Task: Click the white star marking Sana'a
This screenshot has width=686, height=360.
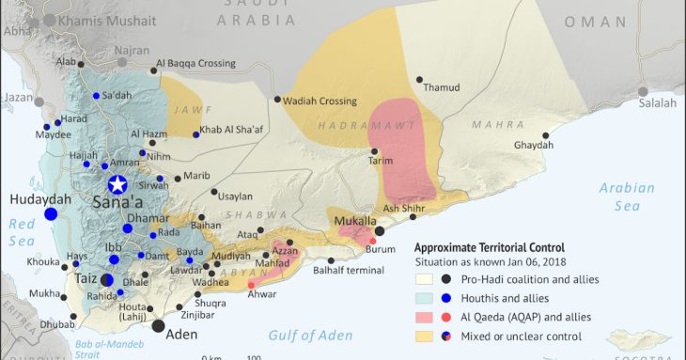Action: coord(117,184)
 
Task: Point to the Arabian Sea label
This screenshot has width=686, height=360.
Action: coord(627,196)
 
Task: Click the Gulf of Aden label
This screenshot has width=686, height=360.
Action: coord(310,336)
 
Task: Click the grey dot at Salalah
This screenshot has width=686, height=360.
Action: coord(643,92)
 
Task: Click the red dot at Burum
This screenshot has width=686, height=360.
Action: coord(373,242)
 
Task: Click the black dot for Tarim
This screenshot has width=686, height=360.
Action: coord(374,151)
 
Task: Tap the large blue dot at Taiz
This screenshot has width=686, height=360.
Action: coord(107,280)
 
